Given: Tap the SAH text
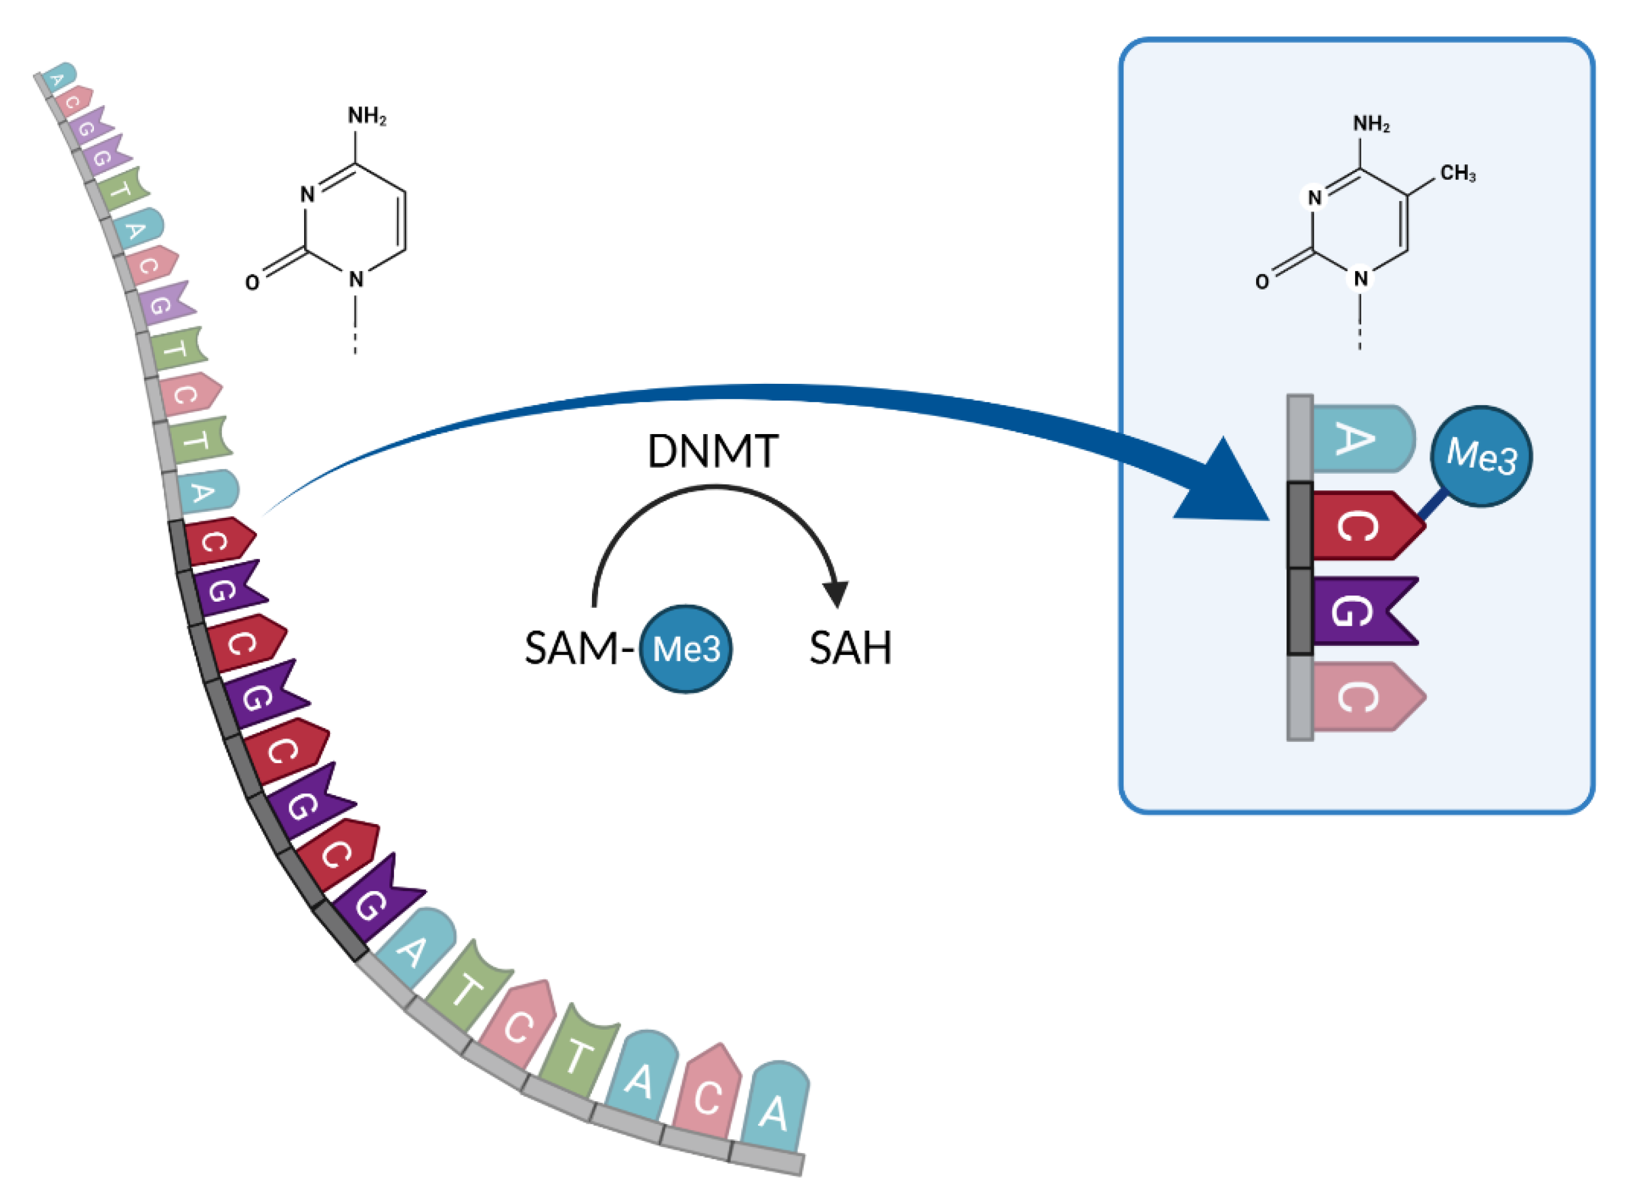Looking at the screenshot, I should point(850,647).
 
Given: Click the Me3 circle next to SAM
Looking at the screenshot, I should point(685,648).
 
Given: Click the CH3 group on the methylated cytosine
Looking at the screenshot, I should point(1457,173).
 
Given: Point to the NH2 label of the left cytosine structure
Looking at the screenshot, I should point(367,116).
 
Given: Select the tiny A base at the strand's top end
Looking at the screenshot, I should point(58,77).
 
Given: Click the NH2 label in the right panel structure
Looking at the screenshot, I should point(1371,124).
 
